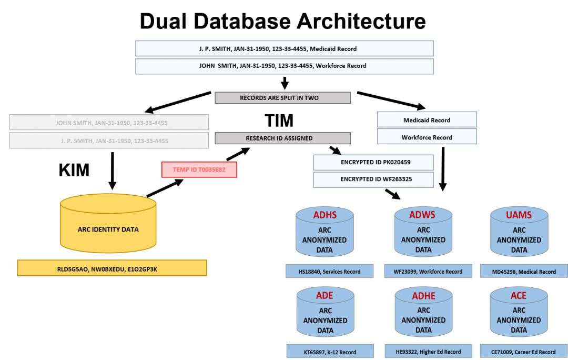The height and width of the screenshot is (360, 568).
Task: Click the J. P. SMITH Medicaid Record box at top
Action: point(284,48)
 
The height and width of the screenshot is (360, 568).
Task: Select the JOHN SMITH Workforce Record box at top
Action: point(284,66)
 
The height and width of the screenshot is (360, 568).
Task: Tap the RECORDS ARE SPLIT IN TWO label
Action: point(282,98)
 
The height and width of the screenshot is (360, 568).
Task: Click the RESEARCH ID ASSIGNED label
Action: point(282,138)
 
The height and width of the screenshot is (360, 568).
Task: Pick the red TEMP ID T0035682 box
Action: point(199,169)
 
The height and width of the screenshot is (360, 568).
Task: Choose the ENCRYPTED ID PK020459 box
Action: point(373,162)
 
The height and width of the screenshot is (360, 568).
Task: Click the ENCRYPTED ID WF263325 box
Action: point(373,179)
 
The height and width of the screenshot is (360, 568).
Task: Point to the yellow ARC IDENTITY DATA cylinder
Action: point(108,229)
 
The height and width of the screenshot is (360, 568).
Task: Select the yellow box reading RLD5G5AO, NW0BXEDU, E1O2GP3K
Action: point(112,268)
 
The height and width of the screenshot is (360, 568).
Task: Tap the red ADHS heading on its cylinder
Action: point(324,215)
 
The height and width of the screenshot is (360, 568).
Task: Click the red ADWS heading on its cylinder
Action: point(423,215)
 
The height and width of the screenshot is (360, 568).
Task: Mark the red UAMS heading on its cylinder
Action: point(519,215)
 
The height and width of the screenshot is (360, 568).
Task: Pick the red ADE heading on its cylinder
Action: point(324,296)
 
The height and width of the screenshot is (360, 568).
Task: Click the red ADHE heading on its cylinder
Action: point(423,296)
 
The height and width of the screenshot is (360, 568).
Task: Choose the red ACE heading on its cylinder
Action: point(519,296)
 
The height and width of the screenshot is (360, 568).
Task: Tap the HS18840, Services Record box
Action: point(330,272)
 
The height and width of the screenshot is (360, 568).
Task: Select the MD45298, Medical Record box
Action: point(524,272)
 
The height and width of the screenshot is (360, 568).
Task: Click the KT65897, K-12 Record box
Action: point(330,352)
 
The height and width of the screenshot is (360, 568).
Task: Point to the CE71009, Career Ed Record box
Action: point(524,352)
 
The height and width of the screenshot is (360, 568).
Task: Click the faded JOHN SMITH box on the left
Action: point(109,123)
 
